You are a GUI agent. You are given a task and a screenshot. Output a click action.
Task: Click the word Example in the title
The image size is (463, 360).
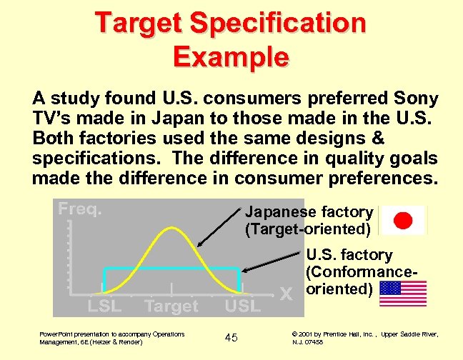coord(231,56)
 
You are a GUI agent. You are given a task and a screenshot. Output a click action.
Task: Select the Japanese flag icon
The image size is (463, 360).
coord(403,220)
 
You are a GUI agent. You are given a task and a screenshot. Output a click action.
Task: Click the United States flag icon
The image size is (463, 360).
coord(403,293)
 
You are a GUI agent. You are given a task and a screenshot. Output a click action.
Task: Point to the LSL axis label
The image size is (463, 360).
coord(104,306)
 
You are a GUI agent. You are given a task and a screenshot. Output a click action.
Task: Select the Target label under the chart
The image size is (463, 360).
coord(171,306)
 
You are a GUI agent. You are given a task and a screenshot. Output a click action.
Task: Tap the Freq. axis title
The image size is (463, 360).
coord(80,210)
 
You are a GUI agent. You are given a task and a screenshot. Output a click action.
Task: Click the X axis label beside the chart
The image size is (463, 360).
coord(287,294)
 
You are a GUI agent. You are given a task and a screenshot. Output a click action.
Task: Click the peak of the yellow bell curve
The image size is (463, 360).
coord(172,229)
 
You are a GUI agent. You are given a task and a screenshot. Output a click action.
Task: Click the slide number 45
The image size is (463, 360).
coord(231,337)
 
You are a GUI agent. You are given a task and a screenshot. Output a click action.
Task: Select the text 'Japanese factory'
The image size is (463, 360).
coord(309,212)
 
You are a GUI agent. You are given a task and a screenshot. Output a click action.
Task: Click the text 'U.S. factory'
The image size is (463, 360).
coord(349,255)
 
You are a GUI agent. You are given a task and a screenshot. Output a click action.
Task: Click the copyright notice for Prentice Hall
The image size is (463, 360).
coord(365,337)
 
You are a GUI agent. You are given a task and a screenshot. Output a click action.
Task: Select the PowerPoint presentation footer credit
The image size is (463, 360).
coord(111,337)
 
